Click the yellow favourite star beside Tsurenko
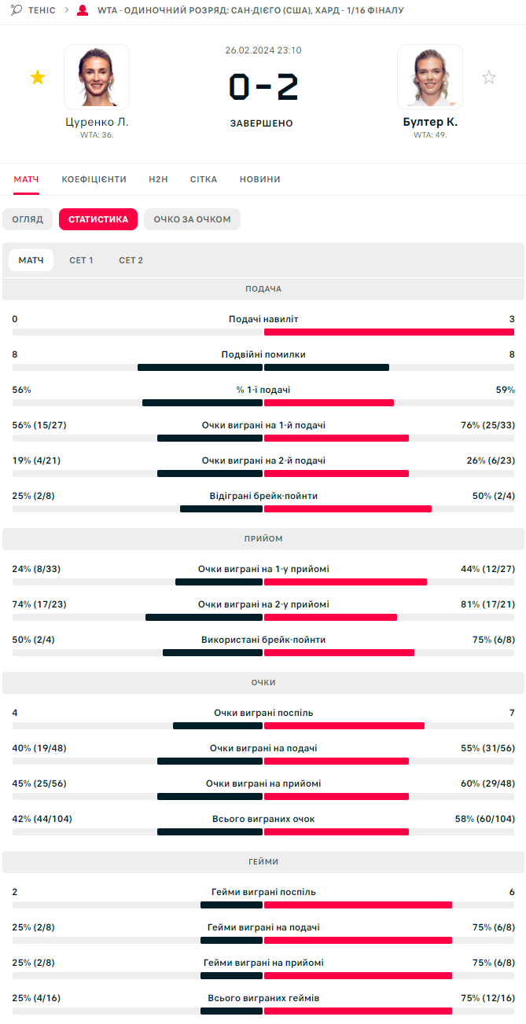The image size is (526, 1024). click(x=38, y=77)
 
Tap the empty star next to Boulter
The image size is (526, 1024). click(x=489, y=77)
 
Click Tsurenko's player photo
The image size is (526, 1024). click(x=97, y=76)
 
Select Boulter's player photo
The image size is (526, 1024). click(x=429, y=76)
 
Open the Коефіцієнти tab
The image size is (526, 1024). click(x=94, y=179)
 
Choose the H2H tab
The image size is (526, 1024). click(x=158, y=179)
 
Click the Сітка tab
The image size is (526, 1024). click(x=204, y=179)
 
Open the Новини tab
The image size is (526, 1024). click(x=260, y=179)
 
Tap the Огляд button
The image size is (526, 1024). click(x=28, y=219)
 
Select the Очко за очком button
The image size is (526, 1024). click(x=192, y=219)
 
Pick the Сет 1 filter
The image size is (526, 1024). click(x=81, y=260)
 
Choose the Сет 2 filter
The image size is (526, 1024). click(x=131, y=260)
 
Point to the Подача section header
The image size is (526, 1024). click(x=263, y=289)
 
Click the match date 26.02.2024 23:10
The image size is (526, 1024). click(x=263, y=50)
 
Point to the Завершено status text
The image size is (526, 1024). click(x=262, y=123)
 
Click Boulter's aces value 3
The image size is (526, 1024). click(x=512, y=319)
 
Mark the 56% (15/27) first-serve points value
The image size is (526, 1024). click(x=39, y=425)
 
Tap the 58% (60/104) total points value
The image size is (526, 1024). click(x=485, y=819)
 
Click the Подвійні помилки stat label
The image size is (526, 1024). click(x=263, y=354)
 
